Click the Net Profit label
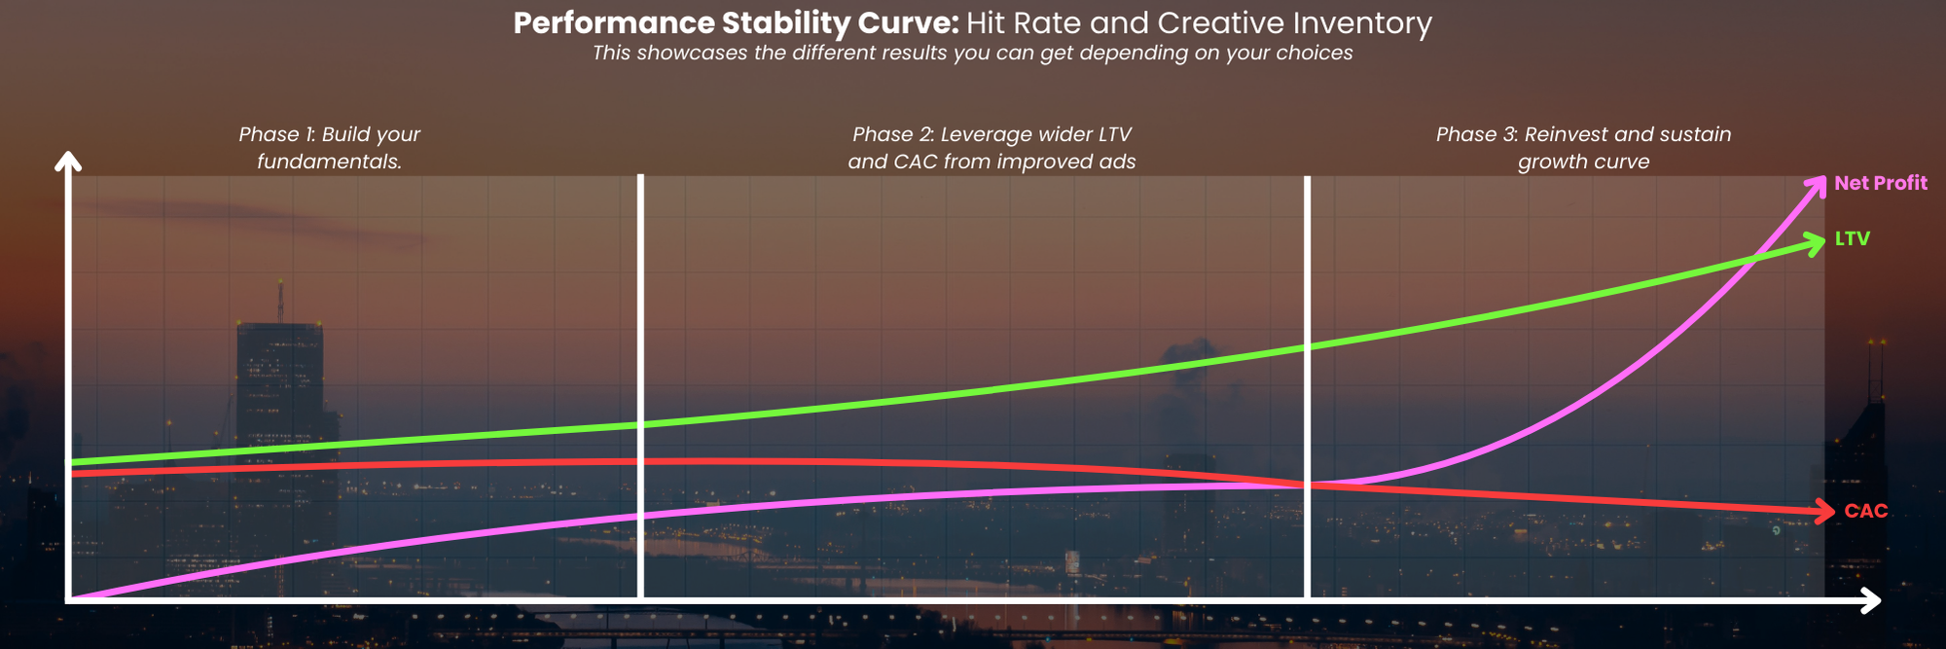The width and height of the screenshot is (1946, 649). coord(1880,183)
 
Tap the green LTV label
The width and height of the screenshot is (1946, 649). coord(1852,238)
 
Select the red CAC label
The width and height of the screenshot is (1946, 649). coord(1865,511)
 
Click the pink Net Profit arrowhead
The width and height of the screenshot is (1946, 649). coord(1817,185)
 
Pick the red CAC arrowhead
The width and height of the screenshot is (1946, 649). coord(1824,510)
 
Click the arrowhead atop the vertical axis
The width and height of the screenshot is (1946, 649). coord(68,161)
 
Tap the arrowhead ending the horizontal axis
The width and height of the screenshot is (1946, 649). coord(1870,601)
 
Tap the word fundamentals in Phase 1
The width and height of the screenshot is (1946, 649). coord(328,162)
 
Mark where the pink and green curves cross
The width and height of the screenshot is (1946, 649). coord(1754,259)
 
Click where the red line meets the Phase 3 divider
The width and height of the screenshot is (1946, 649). coord(1307,485)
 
